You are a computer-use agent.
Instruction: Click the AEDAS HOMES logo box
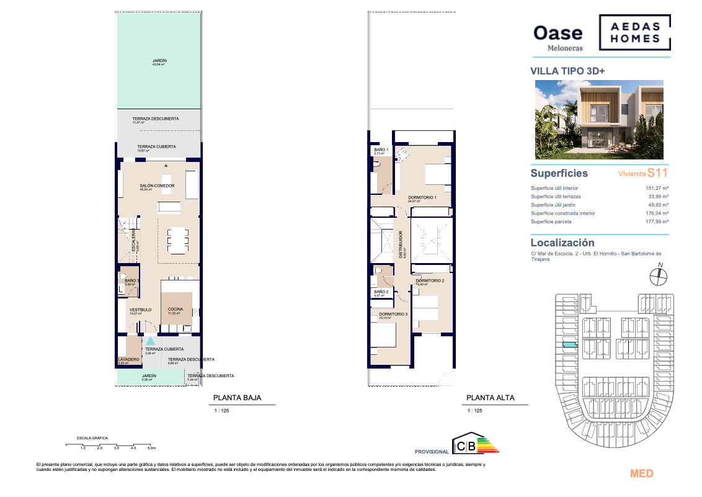click(x=634, y=33)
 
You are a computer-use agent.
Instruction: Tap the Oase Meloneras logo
click(x=558, y=36)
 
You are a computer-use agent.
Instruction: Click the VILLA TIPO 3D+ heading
click(x=567, y=71)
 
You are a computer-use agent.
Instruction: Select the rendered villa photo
click(x=599, y=120)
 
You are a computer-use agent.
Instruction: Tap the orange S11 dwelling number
click(x=657, y=174)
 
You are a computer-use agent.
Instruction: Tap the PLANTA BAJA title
click(x=237, y=398)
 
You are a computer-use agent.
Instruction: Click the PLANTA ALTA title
click(x=490, y=398)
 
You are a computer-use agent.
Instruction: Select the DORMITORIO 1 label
click(x=422, y=197)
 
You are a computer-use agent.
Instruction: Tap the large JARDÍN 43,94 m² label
click(x=160, y=61)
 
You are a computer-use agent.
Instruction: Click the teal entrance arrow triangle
click(x=150, y=341)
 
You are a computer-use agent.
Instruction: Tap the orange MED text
click(x=641, y=473)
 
